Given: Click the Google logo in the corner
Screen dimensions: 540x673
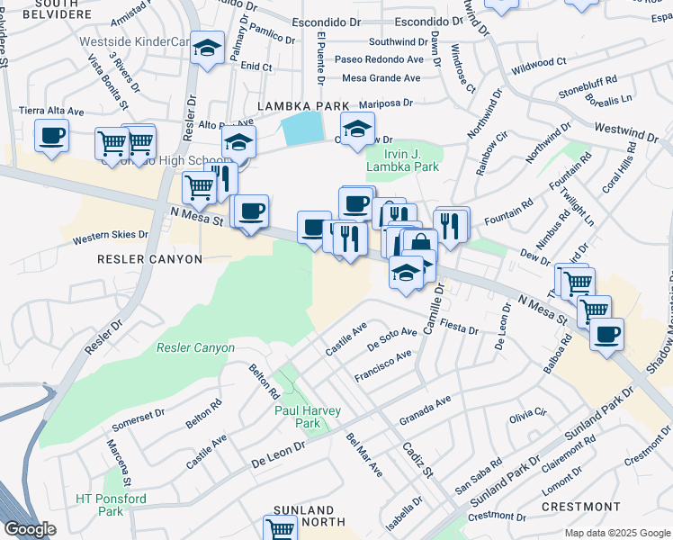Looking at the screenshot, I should coord(30,529).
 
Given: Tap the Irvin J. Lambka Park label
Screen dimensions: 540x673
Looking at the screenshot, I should coord(403,159).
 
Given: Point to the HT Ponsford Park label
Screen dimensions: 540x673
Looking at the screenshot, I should coord(111,504).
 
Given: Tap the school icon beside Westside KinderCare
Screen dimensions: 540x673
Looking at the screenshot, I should coord(208,49).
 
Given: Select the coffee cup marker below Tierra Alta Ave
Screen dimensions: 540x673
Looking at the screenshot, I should coord(50,137).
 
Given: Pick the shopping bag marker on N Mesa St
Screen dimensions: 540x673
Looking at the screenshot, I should coord(419,244).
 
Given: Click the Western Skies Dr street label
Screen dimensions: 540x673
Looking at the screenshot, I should coord(111,235).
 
